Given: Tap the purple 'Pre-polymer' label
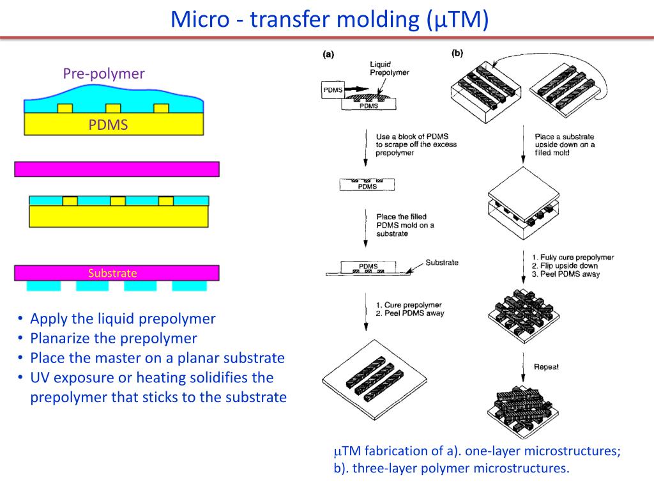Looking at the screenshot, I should tap(103, 74).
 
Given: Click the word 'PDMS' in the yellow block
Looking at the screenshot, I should tap(108, 125).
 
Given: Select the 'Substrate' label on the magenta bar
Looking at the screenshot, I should tap(112, 273).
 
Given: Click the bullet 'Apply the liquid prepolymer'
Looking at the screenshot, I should tap(123, 318).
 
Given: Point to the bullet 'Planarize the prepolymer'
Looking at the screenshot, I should tap(114, 338).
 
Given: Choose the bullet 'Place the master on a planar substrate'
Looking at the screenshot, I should tap(157, 357).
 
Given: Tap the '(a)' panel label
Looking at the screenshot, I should tap(328, 55).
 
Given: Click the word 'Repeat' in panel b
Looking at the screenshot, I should tap(546, 367).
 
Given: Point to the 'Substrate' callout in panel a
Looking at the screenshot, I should tap(441, 263).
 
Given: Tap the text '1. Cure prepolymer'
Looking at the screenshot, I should tap(409, 304).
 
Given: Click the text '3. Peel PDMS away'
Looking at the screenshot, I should tap(565, 274).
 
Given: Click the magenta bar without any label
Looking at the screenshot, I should tap(117, 169).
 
